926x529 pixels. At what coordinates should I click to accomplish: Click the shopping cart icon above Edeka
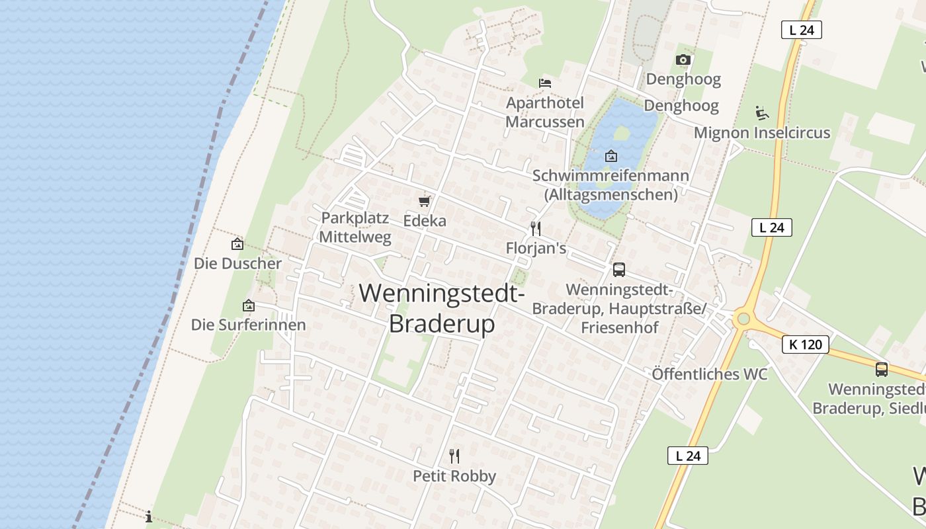pyautogui.click(x=425, y=201)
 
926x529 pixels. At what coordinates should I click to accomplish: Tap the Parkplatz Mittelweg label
pyautogui.click(x=356, y=227)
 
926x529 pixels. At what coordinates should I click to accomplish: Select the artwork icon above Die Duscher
pyautogui.click(x=237, y=244)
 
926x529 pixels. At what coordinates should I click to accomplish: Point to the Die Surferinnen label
pyautogui.click(x=249, y=325)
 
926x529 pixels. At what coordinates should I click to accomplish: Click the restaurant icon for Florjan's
pyautogui.click(x=536, y=229)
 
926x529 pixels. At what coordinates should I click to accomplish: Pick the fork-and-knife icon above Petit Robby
pyautogui.click(x=454, y=456)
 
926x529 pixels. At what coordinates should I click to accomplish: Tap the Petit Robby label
pyautogui.click(x=454, y=476)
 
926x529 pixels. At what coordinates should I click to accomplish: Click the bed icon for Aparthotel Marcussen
pyautogui.click(x=545, y=83)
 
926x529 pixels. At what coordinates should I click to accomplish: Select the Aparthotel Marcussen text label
pyautogui.click(x=545, y=112)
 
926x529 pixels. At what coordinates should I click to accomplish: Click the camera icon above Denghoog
pyautogui.click(x=683, y=60)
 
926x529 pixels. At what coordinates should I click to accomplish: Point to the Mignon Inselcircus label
pyautogui.click(x=761, y=133)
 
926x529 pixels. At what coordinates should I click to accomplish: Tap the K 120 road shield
pyautogui.click(x=805, y=345)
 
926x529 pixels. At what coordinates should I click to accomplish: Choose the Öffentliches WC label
pyautogui.click(x=710, y=374)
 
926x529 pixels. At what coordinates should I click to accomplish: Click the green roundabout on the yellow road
pyautogui.click(x=743, y=319)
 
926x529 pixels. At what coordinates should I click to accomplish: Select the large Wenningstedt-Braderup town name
pyautogui.click(x=442, y=308)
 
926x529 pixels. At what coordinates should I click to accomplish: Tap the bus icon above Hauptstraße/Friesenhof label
pyautogui.click(x=619, y=269)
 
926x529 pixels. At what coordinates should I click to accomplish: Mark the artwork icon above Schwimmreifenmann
pyautogui.click(x=611, y=157)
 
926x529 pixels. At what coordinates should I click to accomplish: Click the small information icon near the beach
pyautogui.click(x=149, y=516)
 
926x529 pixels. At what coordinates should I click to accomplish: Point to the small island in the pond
pyautogui.click(x=621, y=134)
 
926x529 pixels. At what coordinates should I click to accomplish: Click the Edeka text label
pyautogui.click(x=425, y=221)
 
